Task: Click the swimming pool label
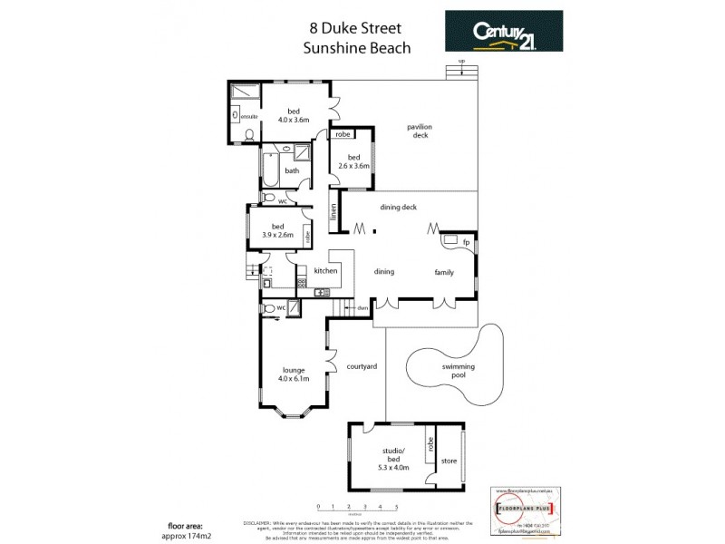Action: (x=458, y=369)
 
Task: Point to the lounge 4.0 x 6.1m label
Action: (x=295, y=374)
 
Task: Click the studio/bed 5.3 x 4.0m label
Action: (x=394, y=462)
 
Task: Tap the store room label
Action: (x=449, y=461)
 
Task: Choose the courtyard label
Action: (x=361, y=366)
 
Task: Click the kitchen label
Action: (x=325, y=270)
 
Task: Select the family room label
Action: (x=444, y=271)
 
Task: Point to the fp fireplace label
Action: (x=466, y=242)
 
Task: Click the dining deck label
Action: (x=398, y=208)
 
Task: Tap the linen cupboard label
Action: (x=333, y=214)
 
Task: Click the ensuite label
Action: (x=248, y=116)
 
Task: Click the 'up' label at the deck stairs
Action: (x=461, y=61)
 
